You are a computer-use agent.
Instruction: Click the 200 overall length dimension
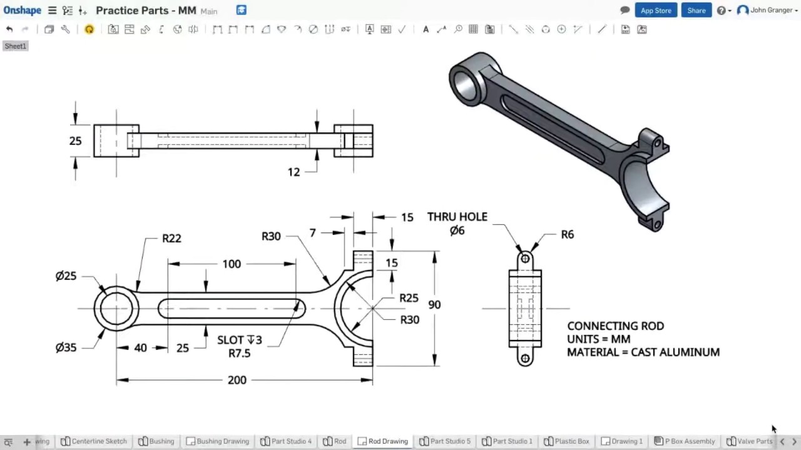click(x=237, y=380)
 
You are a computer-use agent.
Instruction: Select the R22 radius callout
click(x=171, y=238)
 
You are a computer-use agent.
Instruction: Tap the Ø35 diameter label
click(x=66, y=347)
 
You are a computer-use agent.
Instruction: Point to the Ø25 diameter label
click(x=66, y=276)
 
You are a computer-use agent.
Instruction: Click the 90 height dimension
click(x=434, y=305)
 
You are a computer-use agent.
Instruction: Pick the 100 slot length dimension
click(x=232, y=264)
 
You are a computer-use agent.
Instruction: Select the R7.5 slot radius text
click(x=239, y=353)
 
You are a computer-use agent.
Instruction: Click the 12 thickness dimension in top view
click(x=293, y=172)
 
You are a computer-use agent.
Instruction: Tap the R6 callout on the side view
click(x=567, y=234)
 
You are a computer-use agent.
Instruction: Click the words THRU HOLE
click(x=457, y=217)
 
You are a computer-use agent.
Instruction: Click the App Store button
click(x=655, y=11)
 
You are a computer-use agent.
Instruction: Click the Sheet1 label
click(x=16, y=46)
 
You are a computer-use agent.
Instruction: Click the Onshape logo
click(x=22, y=11)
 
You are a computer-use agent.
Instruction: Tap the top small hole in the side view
click(x=525, y=259)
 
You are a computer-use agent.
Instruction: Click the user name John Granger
click(x=771, y=11)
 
